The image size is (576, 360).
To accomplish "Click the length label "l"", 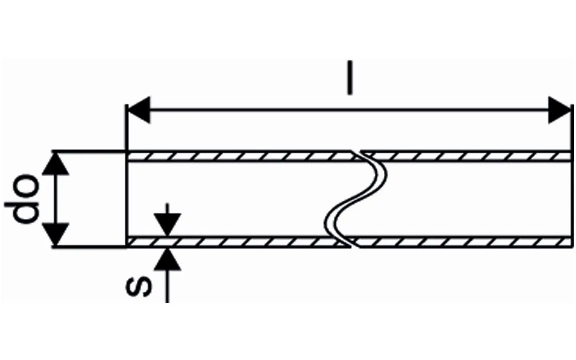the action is click(350, 78).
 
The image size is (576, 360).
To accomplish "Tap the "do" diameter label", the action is click(22, 198).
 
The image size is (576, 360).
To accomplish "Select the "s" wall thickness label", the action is click(139, 287).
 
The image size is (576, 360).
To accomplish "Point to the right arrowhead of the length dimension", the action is click(560, 110).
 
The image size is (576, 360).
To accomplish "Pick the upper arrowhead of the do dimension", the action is click(55, 164).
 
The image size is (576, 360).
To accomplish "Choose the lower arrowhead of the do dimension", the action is click(55, 234).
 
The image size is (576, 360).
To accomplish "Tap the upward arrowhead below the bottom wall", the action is click(167, 259).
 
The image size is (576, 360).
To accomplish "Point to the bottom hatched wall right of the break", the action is click(463, 242).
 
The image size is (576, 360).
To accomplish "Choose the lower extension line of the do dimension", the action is click(89, 247).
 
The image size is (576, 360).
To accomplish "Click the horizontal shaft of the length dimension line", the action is click(349, 110).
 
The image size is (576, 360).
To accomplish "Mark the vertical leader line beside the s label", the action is click(167, 285).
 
